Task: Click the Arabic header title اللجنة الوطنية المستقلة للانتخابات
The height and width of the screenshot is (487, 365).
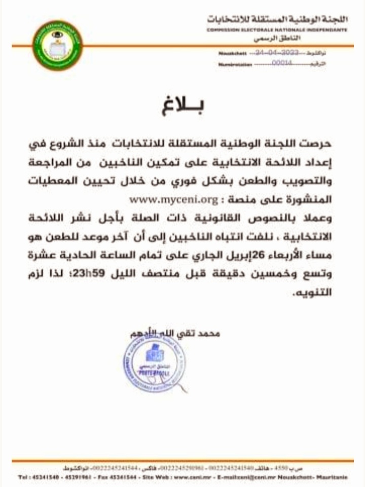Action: [x=278, y=19]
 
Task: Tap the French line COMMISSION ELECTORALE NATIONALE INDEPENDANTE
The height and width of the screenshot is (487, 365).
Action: [x=277, y=30]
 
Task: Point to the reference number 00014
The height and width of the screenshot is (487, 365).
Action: [x=282, y=64]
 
